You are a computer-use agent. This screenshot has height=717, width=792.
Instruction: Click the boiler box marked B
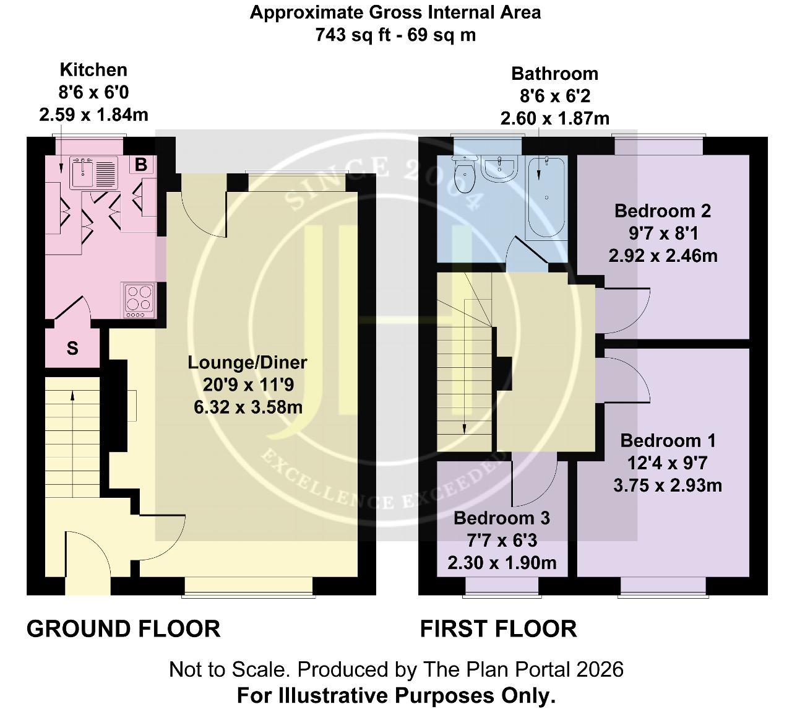pyautogui.click(x=141, y=165)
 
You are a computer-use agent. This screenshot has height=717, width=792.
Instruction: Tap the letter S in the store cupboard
pyautogui.click(x=72, y=348)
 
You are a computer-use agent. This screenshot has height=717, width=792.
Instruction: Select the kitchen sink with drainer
pyautogui.click(x=94, y=172)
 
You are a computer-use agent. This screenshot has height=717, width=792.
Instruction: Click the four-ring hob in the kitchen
pyautogui.click(x=139, y=300)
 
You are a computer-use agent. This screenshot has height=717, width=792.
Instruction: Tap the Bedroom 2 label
pyautogui.click(x=663, y=211)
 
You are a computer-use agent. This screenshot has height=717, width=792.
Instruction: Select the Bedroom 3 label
pyautogui.click(x=501, y=518)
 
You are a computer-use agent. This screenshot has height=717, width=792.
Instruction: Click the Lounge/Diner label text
pyautogui.click(x=247, y=362)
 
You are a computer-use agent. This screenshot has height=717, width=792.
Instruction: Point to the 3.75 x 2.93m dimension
pyautogui.click(x=668, y=486)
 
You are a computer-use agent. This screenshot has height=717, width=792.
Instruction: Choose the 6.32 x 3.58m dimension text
pyautogui.click(x=248, y=407)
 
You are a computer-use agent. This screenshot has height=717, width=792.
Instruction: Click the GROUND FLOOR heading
pyautogui.click(x=123, y=629)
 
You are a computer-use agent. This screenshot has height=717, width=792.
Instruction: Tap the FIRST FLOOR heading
pyautogui.click(x=498, y=629)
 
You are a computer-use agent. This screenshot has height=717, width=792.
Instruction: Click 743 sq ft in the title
pyautogui.click(x=353, y=35)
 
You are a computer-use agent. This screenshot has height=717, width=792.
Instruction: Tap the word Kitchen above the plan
pyautogui.click(x=93, y=70)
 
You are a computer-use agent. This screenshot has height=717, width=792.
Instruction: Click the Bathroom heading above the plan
pyautogui.click(x=555, y=74)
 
